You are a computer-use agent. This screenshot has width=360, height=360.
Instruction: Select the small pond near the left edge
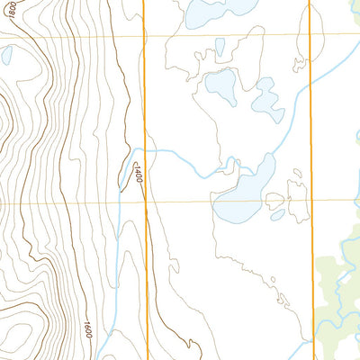(x=6, y=56)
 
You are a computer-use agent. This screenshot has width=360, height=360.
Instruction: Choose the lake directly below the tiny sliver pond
(x=221, y=85)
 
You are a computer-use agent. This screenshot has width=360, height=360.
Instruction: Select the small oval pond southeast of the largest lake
(x=277, y=214)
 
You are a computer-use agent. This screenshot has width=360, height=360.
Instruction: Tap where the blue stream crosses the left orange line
(x=145, y=151)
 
